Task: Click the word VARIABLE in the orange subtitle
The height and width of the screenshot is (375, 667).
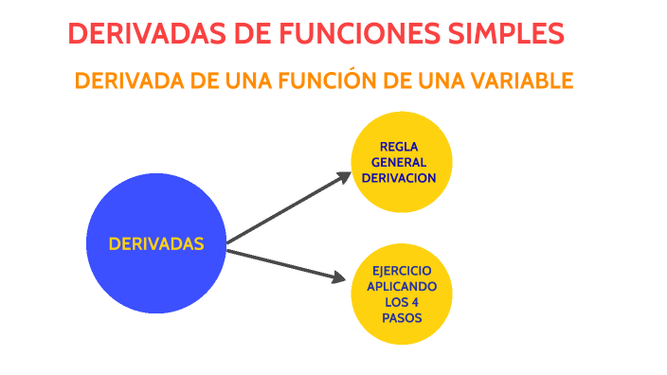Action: point(526,80)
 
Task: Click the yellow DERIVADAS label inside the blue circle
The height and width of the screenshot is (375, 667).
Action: point(156,243)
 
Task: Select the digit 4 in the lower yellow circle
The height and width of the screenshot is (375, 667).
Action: point(414,302)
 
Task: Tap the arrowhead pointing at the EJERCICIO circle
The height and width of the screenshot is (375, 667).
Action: point(338,278)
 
